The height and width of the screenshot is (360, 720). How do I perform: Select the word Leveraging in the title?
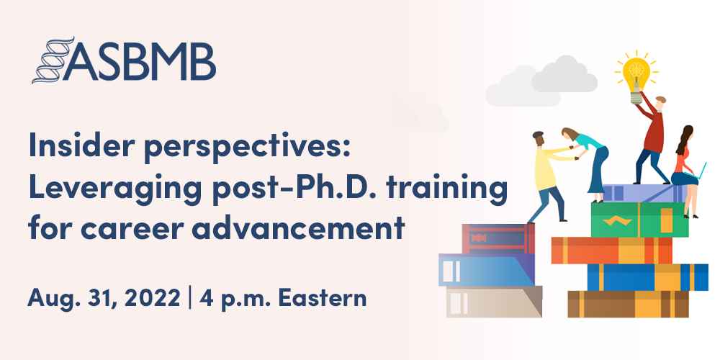pyautogui.click(x=102, y=189)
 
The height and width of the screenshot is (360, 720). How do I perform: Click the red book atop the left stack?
pyautogui.click(x=498, y=238)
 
